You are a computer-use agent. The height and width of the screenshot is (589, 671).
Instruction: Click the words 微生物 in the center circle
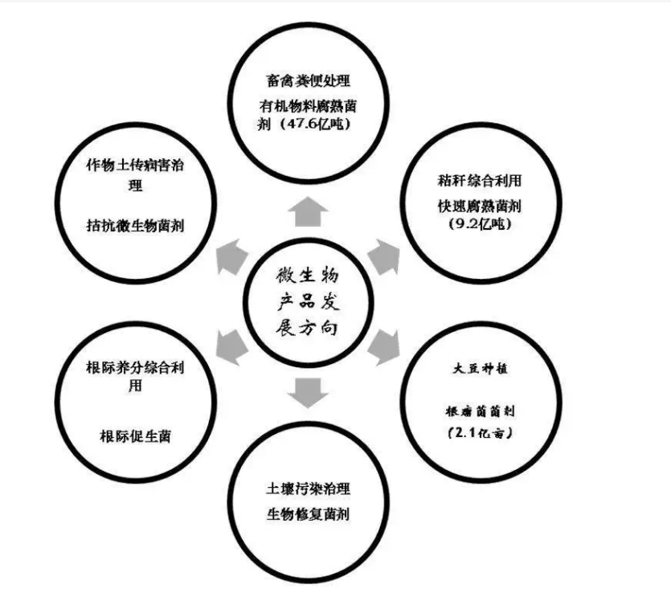[308, 276]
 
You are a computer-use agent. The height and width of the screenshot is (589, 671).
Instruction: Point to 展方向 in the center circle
[308, 329]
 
